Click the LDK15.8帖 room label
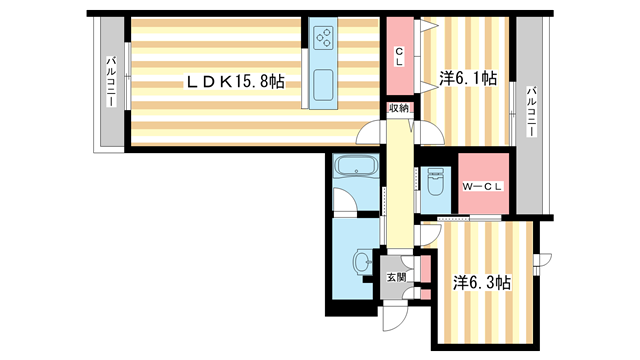(235, 82)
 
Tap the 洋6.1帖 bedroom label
(468, 78)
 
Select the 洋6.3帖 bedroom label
(482, 282)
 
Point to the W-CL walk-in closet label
(482, 187)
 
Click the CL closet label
(399, 57)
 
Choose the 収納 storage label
(398, 108)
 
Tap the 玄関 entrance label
(396, 278)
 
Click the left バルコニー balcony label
(111, 82)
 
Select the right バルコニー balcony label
(531, 111)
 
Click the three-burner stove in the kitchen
(323, 38)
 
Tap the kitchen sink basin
(323, 85)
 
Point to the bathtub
(356, 167)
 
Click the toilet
(435, 182)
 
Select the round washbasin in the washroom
(361, 260)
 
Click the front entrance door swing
(395, 318)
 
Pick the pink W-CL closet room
(483, 183)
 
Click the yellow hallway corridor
(400, 184)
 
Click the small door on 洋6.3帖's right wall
(542, 260)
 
